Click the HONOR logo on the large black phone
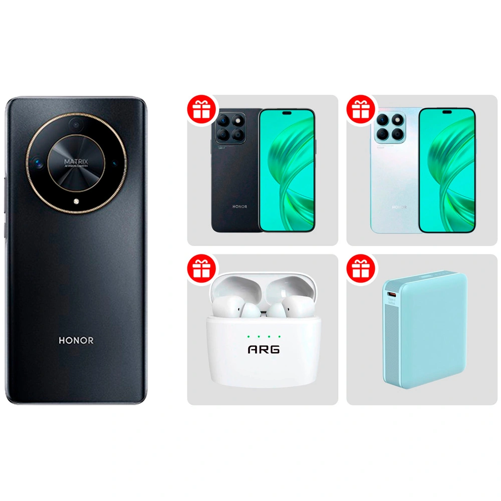pyautogui.click(x=76, y=340)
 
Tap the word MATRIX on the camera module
pyautogui.click(x=76, y=162)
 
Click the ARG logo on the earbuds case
pyautogui.click(x=264, y=349)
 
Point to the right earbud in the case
pyautogui.click(x=284, y=307)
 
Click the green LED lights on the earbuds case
pyautogui.click(x=264, y=336)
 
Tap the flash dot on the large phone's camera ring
pyautogui.click(x=76, y=201)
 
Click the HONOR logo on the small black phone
pyautogui.click(x=239, y=206)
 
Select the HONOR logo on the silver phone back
pyautogui.click(x=399, y=206)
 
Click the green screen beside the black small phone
pyautogui.click(x=287, y=170)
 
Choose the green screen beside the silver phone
pyautogui.click(x=447, y=170)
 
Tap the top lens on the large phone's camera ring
pyautogui.click(x=76, y=124)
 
